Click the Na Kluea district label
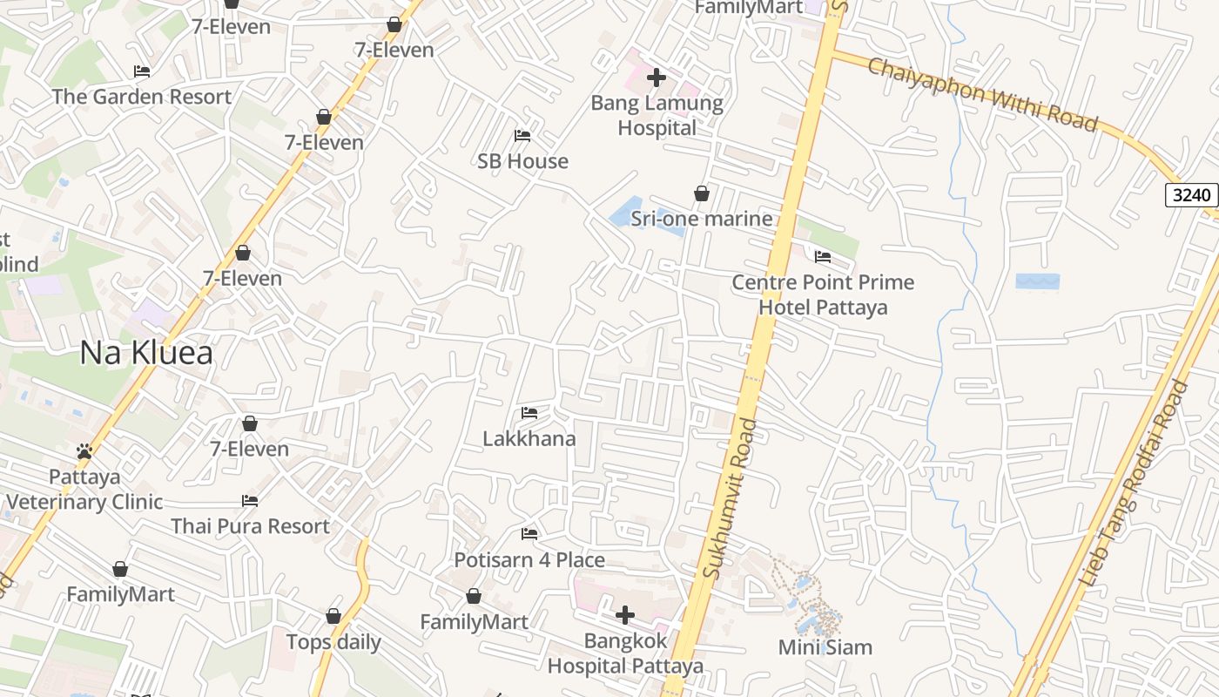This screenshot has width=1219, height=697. click(x=146, y=353)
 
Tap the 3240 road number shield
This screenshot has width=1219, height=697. click(x=1191, y=194)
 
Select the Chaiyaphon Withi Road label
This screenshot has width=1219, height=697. click(x=983, y=94)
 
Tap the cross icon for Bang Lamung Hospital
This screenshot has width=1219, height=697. click(x=657, y=78)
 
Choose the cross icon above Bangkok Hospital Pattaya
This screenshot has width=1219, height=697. click(x=624, y=616)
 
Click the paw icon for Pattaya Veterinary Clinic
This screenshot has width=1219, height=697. click(x=84, y=451)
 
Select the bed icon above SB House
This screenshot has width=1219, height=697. click(x=522, y=136)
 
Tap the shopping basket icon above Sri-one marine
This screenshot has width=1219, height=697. click(x=702, y=193)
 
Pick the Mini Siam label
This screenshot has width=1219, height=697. click(x=825, y=647)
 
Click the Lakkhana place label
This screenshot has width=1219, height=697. click(x=529, y=438)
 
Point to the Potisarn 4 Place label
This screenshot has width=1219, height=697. click(x=529, y=559)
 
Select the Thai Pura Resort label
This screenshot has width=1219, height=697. click(x=250, y=526)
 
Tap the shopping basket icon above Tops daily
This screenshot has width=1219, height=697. click(x=333, y=617)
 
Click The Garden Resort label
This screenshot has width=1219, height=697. click(x=142, y=97)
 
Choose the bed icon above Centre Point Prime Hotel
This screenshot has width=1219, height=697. click(x=823, y=257)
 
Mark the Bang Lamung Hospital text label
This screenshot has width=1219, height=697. click(x=657, y=115)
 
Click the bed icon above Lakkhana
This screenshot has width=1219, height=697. click(x=529, y=413)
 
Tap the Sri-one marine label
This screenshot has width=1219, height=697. click(x=702, y=219)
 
